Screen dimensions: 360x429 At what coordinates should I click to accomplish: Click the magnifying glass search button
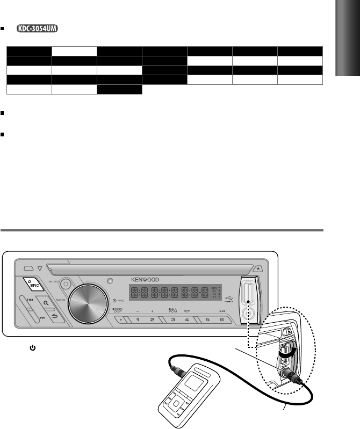point(47,303)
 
